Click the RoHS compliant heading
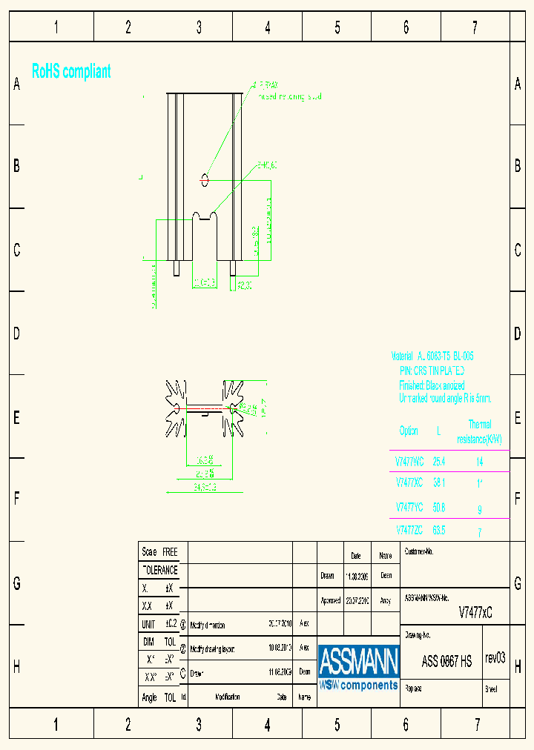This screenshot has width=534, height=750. coord(71,72)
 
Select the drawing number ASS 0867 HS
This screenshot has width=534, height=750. coord(446,662)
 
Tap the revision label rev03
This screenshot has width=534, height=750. coord(495,658)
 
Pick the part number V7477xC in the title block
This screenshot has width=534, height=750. coord(475,613)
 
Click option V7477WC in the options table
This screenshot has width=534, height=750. coord(409,462)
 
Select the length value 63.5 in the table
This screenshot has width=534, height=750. coord(439,531)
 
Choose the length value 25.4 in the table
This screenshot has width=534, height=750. coord(439,462)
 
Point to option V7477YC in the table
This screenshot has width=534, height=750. coord(409,508)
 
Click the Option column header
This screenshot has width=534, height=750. coord(409,431)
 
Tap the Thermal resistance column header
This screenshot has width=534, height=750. coord(480,432)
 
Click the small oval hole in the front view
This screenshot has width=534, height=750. coord(205,179)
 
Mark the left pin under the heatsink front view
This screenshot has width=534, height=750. coord(177,268)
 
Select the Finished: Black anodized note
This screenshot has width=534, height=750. coord(432,385)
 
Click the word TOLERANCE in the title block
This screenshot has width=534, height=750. coord(160,571)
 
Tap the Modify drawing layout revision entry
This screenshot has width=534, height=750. coord(213,648)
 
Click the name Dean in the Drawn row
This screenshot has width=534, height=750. coord(386,574)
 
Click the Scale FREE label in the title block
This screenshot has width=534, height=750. coord(160,552)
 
